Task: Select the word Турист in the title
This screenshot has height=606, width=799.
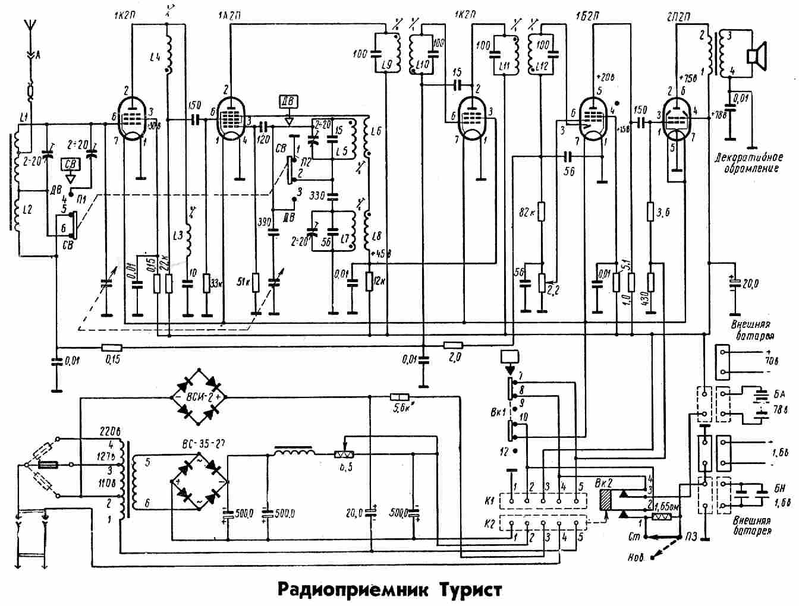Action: tap(470, 590)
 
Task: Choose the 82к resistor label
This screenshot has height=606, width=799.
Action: tap(526, 213)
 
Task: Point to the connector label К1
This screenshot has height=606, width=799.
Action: tap(489, 503)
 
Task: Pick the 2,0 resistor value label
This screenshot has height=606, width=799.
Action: tap(455, 358)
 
